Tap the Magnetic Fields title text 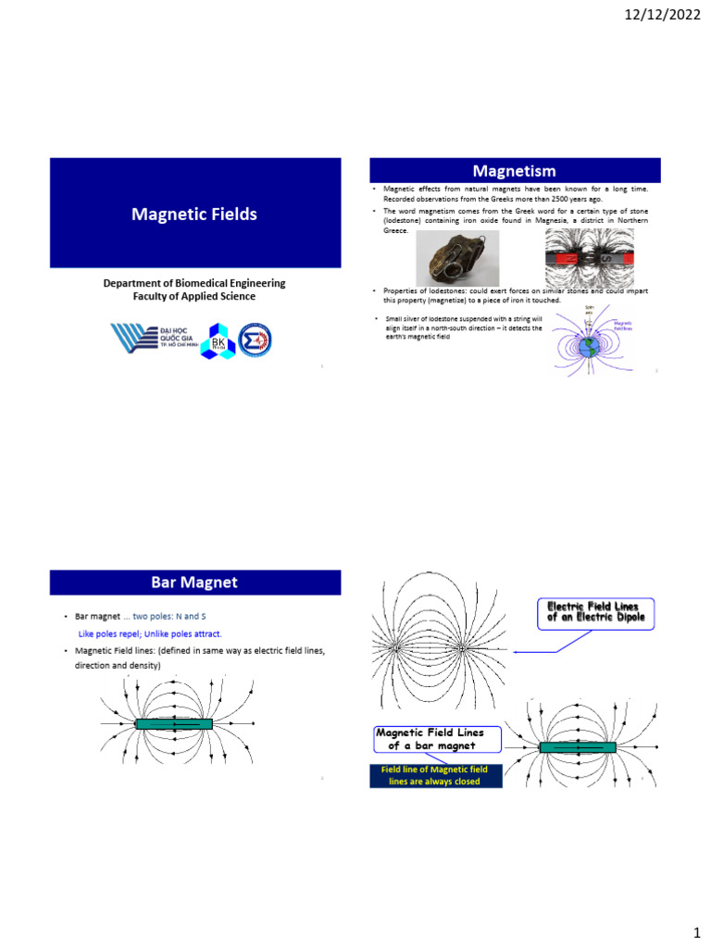point(194,215)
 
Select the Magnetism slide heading point(515,170)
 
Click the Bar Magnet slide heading point(194,583)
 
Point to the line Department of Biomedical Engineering point(194,283)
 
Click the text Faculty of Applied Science point(194,297)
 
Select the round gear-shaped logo point(256,339)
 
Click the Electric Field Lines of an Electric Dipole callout point(595,612)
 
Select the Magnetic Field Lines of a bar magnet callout point(437,739)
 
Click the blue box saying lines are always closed point(434,776)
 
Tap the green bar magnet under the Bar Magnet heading point(173,723)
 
